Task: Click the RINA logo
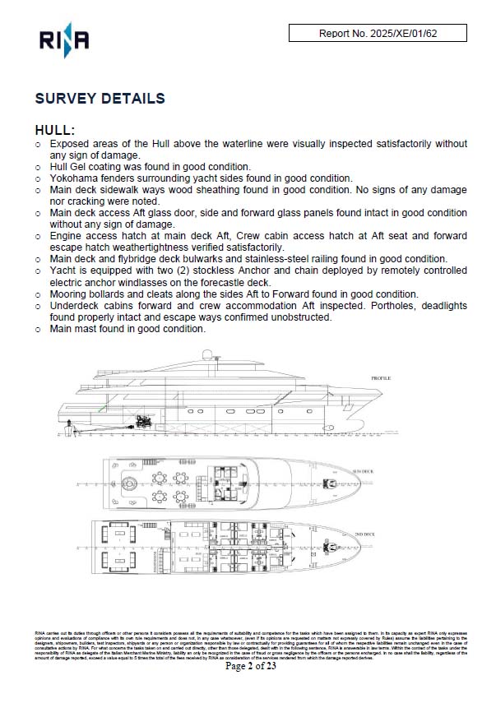(x=63, y=39)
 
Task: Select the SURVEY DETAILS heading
(x=100, y=99)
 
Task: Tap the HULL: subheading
(x=55, y=130)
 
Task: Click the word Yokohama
(x=78, y=178)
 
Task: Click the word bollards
(x=113, y=294)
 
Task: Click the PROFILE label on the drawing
(x=381, y=378)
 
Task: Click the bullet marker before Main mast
(x=38, y=329)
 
